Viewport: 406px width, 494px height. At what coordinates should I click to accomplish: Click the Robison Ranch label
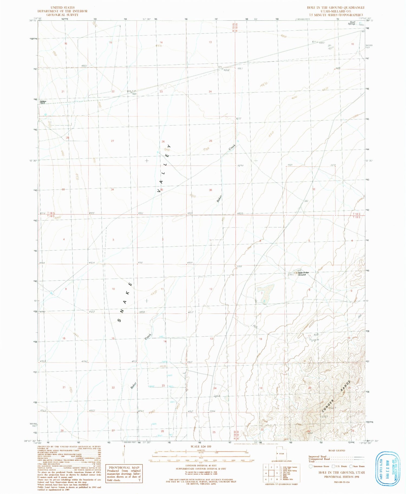click(x=43, y=102)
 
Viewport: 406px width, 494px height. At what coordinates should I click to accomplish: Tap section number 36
click(x=211, y=190)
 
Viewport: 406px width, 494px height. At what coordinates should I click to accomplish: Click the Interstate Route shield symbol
click(x=310, y=466)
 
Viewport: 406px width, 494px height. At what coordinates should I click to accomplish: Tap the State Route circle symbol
click(x=351, y=466)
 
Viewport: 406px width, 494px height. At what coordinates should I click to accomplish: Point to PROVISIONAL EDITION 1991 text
click(x=344, y=477)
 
